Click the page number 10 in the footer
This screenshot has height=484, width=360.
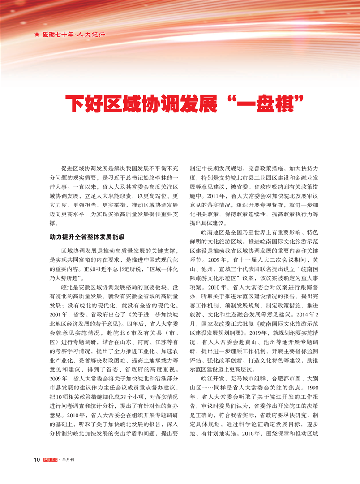(x=37, y=471)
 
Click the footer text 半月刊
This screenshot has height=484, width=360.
(x=79, y=471)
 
